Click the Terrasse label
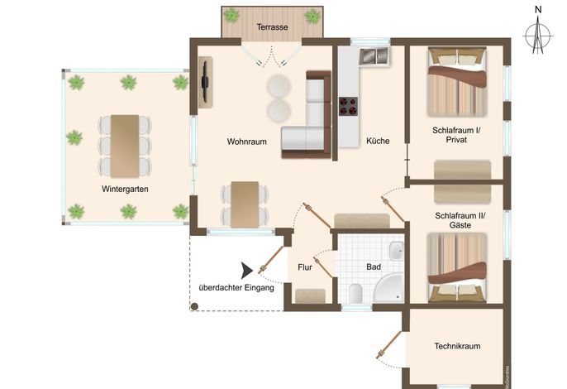[x=272, y=27]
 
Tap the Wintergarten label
[x=125, y=189]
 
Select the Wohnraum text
[x=246, y=142]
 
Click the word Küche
[x=378, y=141]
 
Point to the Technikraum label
[x=457, y=346]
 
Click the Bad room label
[x=374, y=267]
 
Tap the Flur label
[x=305, y=267]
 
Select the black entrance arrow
[x=247, y=271]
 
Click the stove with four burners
[x=348, y=106]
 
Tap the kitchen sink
[x=374, y=55]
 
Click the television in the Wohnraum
[x=205, y=82]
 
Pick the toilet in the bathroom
[x=355, y=293]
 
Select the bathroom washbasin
[x=397, y=251]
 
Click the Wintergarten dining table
[x=125, y=146]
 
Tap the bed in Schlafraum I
[x=457, y=82]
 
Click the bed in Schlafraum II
[x=457, y=267]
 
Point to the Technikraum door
[x=389, y=345]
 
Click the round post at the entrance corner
[x=194, y=307]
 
